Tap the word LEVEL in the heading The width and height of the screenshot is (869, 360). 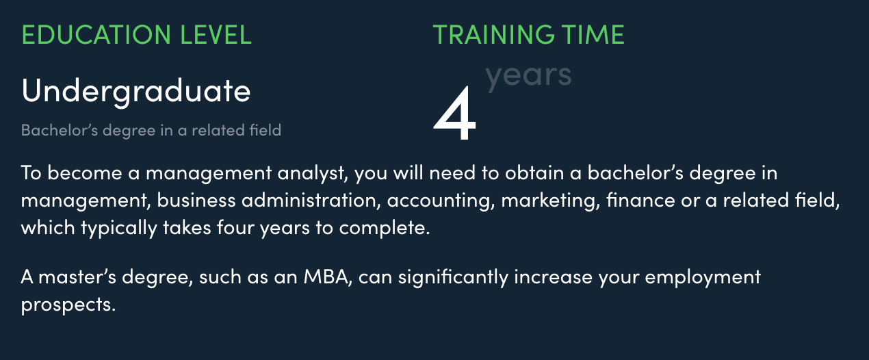216,35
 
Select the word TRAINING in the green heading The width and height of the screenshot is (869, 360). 493,35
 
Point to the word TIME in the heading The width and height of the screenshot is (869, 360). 593,35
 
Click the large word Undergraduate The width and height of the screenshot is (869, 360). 136,92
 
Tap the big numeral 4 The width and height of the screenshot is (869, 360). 454,114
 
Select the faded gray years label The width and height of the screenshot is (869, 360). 528,77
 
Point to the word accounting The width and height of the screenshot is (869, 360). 441,201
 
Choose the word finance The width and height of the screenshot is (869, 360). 640,200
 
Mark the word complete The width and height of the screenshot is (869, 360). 385,228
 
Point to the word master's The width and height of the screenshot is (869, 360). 77,277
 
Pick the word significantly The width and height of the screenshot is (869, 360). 453,278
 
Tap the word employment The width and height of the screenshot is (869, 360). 703,278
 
